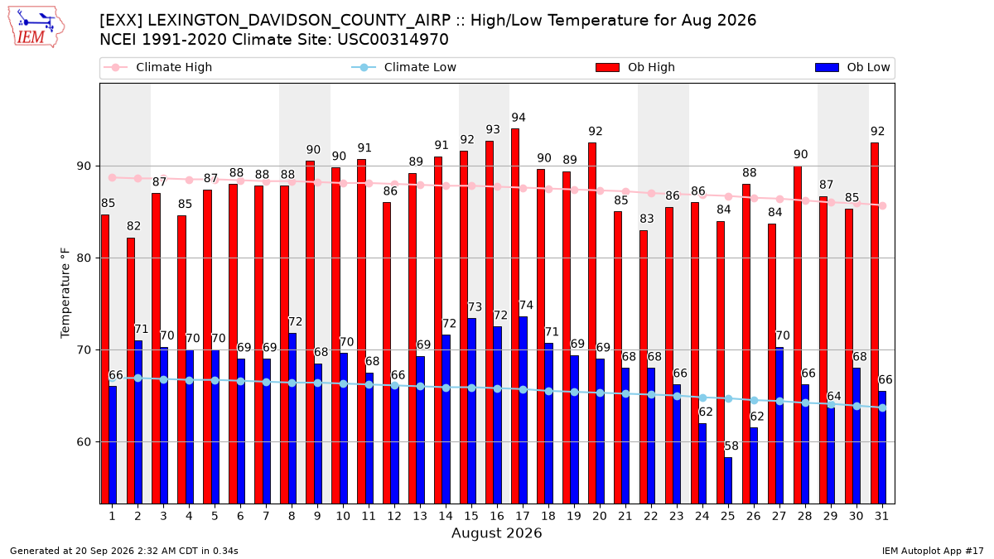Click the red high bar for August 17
pos(515,316)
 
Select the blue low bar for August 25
pos(728,481)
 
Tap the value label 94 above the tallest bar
pos(519,118)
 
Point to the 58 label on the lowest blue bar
pos(731,446)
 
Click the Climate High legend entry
pos(158,67)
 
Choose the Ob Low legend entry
pos(852,67)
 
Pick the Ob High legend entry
pos(635,67)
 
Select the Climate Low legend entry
pos(404,67)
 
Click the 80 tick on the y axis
pos(84,258)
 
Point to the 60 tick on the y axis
pos(84,442)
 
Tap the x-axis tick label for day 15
pos(471,517)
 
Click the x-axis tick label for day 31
pos(881,517)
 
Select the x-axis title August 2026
pos(497,532)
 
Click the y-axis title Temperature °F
pos(65,293)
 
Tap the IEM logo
pos(36,27)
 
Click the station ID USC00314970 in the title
pos(393,40)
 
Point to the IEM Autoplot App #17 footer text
pos(933,551)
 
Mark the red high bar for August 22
pos(644,368)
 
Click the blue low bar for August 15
pos(471,412)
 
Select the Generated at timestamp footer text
pos(124,551)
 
